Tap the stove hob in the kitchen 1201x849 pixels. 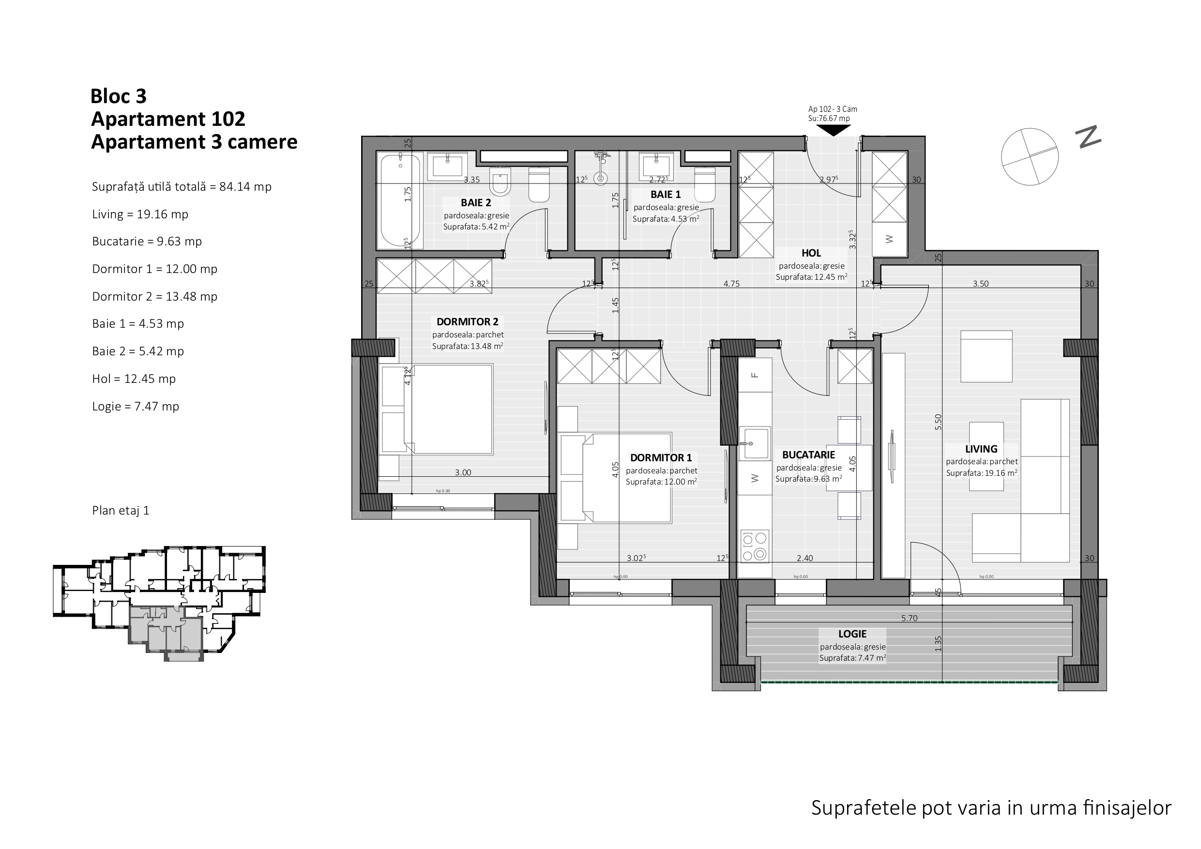755,546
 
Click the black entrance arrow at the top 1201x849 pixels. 833,130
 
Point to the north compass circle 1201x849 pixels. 1030,156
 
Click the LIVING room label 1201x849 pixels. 981,449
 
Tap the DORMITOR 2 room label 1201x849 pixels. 467,322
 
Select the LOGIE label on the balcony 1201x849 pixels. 852,634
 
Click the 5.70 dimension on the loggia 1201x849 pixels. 909,618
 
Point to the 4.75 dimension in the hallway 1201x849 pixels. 731,284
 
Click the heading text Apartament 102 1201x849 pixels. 168,119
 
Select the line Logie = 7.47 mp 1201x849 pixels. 136,407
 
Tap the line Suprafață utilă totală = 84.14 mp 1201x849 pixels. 182,187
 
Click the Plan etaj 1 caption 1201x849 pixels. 121,511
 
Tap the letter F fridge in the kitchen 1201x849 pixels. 754,375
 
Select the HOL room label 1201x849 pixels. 811,253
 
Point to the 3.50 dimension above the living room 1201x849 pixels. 981,284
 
